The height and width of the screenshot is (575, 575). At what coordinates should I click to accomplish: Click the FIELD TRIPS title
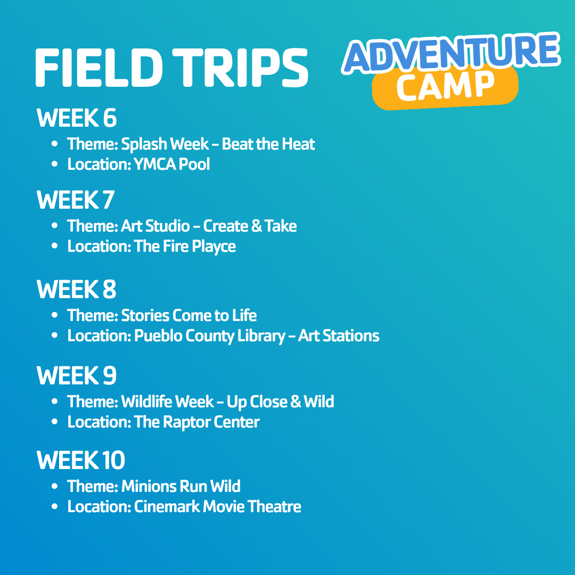(171, 68)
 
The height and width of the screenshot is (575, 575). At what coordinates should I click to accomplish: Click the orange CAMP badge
(445, 87)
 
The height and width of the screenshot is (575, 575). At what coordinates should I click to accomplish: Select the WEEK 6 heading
(76, 118)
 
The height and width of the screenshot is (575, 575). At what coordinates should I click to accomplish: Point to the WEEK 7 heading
(76, 200)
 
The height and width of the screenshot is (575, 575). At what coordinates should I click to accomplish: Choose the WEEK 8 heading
(76, 290)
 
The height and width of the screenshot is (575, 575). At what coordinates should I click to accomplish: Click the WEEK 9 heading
(76, 376)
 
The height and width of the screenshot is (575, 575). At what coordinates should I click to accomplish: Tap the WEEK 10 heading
(81, 460)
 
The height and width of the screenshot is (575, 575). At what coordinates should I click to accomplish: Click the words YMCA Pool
(172, 165)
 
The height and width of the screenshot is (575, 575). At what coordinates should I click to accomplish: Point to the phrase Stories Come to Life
(189, 315)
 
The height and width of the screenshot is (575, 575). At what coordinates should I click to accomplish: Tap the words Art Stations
(339, 336)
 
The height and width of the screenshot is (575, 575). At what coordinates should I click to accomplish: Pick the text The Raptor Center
(197, 422)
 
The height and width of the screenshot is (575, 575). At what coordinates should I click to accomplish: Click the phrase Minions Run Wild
(181, 486)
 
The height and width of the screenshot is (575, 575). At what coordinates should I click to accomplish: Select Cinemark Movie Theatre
(217, 507)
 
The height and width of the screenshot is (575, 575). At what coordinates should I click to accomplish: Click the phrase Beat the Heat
(268, 144)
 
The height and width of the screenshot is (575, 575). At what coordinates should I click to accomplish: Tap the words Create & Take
(250, 226)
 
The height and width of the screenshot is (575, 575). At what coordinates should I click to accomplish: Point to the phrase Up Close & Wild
(281, 402)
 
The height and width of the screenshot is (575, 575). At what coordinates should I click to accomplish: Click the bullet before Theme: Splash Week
(55, 144)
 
